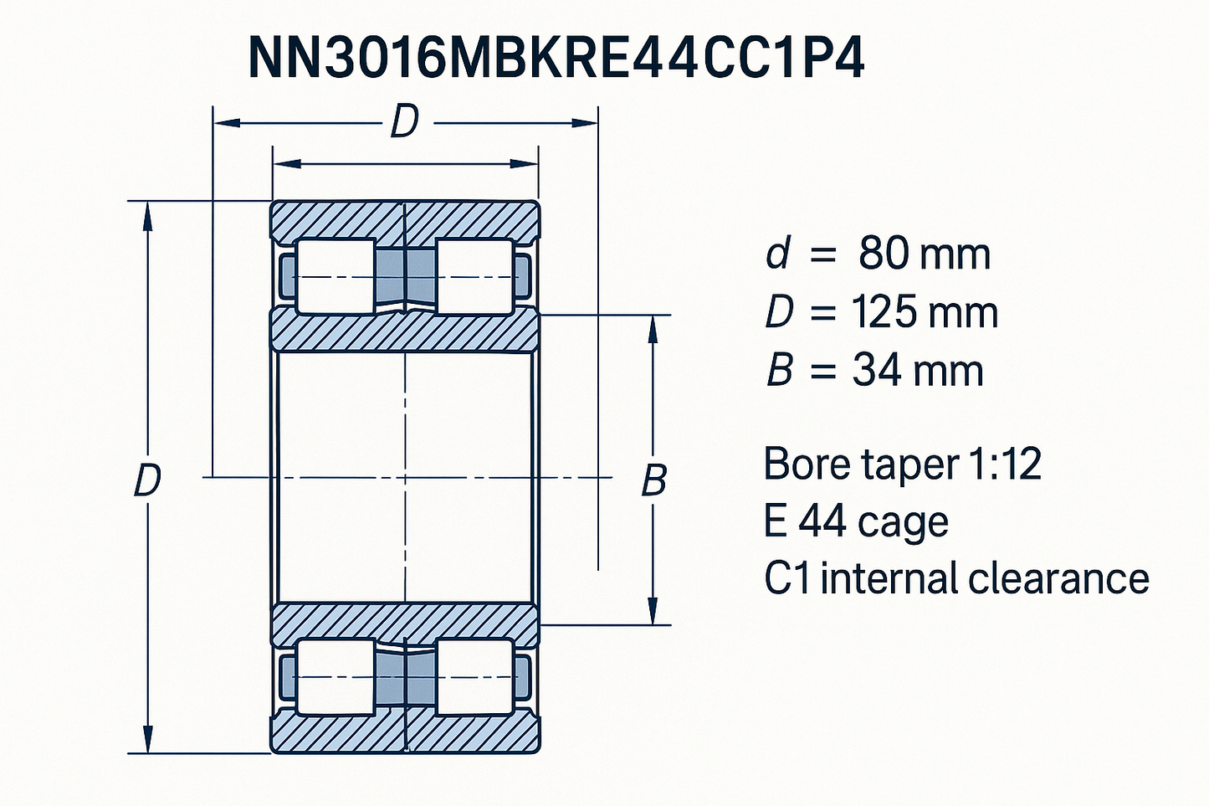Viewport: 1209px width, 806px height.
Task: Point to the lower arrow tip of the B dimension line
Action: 653,624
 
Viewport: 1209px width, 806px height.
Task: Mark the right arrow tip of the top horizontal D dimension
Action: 597,123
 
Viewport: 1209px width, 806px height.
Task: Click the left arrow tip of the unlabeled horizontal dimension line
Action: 274,163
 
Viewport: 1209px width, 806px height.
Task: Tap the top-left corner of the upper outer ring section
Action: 270,202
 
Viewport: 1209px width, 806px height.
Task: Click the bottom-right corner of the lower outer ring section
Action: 539,752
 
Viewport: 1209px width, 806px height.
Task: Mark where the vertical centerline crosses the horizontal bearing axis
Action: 405,477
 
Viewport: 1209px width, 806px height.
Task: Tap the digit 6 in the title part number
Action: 427,59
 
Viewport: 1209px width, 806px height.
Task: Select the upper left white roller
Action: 336,276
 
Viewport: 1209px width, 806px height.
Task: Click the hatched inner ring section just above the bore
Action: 404,329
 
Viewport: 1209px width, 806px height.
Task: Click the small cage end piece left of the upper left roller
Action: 288,276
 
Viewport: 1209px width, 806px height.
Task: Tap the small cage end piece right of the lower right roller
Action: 522,677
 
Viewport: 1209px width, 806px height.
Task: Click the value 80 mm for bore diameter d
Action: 924,254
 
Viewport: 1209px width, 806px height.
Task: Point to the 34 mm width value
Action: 918,371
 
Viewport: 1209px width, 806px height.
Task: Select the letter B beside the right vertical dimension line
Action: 653,480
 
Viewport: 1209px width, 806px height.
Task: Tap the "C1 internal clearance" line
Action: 956,578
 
